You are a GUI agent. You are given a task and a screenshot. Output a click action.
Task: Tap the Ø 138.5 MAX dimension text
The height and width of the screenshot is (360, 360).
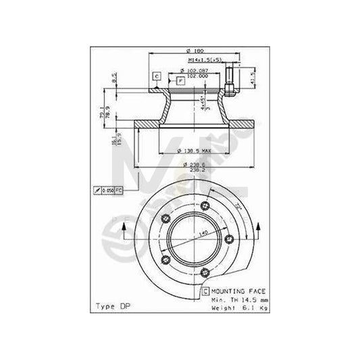click(191, 149)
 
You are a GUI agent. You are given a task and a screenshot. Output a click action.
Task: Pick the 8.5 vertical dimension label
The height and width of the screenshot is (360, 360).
click(115, 77)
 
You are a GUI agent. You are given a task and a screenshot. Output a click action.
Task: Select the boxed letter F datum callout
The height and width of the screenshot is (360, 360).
click(180, 81)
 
